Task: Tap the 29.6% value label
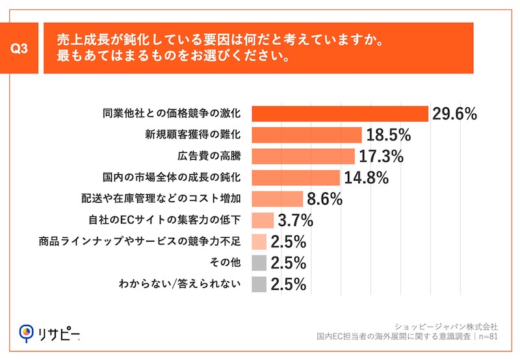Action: click(x=454, y=114)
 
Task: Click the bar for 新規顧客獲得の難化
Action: click(x=306, y=135)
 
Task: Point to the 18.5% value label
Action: click(x=388, y=135)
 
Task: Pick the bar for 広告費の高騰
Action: click(x=303, y=156)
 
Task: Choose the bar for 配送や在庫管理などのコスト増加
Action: click(x=277, y=199)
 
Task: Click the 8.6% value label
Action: click(x=324, y=199)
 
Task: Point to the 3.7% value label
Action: click(x=295, y=220)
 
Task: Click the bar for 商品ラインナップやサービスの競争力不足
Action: click(x=259, y=242)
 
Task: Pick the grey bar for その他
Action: click(x=259, y=263)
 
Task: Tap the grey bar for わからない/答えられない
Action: click(x=259, y=284)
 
